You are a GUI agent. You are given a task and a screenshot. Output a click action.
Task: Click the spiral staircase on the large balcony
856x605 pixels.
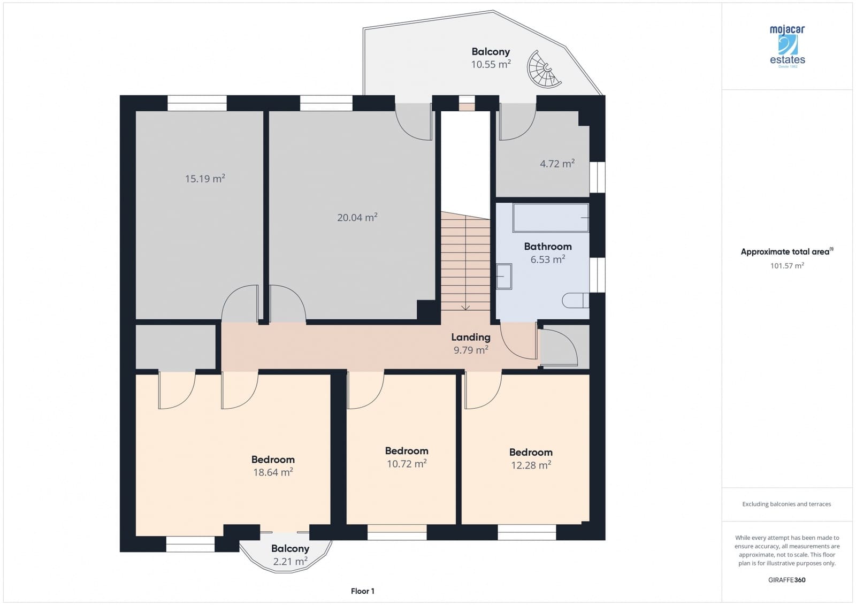click(x=544, y=69)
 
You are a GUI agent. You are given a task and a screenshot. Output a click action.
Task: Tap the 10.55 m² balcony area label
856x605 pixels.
click(x=491, y=65)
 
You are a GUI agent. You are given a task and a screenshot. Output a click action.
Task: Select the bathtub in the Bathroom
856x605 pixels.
click(x=551, y=218)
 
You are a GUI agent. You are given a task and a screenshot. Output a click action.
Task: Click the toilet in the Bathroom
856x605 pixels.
click(x=575, y=300)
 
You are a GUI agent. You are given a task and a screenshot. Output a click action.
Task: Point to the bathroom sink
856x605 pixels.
click(x=504, y=277)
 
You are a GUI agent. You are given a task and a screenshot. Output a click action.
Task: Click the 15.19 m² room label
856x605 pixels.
click(x=205, y=179)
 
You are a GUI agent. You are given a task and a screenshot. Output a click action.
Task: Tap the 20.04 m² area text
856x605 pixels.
click(x=357, y=217)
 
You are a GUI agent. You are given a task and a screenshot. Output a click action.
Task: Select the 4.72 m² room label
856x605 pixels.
click(x=557, y=164)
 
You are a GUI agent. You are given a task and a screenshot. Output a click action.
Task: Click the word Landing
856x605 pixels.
click(x=470, y=337)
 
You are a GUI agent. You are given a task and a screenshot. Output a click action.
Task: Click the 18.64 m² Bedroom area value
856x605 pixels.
click(x=273, y=472)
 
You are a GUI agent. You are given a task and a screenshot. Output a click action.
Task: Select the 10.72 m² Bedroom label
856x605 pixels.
click(x=407, y=464)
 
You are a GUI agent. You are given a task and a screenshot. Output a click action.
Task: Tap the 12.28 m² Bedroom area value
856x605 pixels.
click(x=531, y=465)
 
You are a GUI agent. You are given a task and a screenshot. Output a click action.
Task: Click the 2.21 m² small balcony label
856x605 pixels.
click(x=290, y=562)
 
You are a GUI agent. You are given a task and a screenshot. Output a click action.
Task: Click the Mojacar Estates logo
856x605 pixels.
click(x=788, y=46)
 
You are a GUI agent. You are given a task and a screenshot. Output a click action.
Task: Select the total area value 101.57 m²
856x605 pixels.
click(x=787, y=266)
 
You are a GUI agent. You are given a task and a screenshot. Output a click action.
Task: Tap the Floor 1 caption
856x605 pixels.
click(x=363, y=591)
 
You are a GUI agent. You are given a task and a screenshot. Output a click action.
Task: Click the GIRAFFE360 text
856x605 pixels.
click(x=786, y=580)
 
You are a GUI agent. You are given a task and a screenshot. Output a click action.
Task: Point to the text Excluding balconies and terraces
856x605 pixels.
click(x=786, y=504)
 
